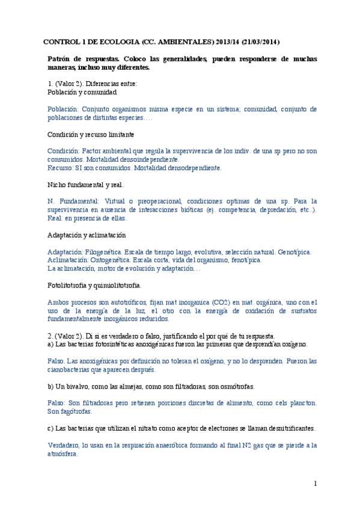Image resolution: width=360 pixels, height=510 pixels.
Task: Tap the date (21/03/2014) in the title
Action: coord(256,42)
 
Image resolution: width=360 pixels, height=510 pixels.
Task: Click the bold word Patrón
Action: coord(61,59)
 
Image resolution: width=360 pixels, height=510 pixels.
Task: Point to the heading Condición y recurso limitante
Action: coord(90,134)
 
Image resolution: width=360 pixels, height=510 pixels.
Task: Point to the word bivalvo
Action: coord(76,386)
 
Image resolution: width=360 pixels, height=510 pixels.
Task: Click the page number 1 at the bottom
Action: coord(315,484)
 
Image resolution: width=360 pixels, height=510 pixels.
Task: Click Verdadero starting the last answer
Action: coord(65,446)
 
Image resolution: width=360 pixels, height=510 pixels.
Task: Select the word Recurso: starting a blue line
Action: coord(62,168)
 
